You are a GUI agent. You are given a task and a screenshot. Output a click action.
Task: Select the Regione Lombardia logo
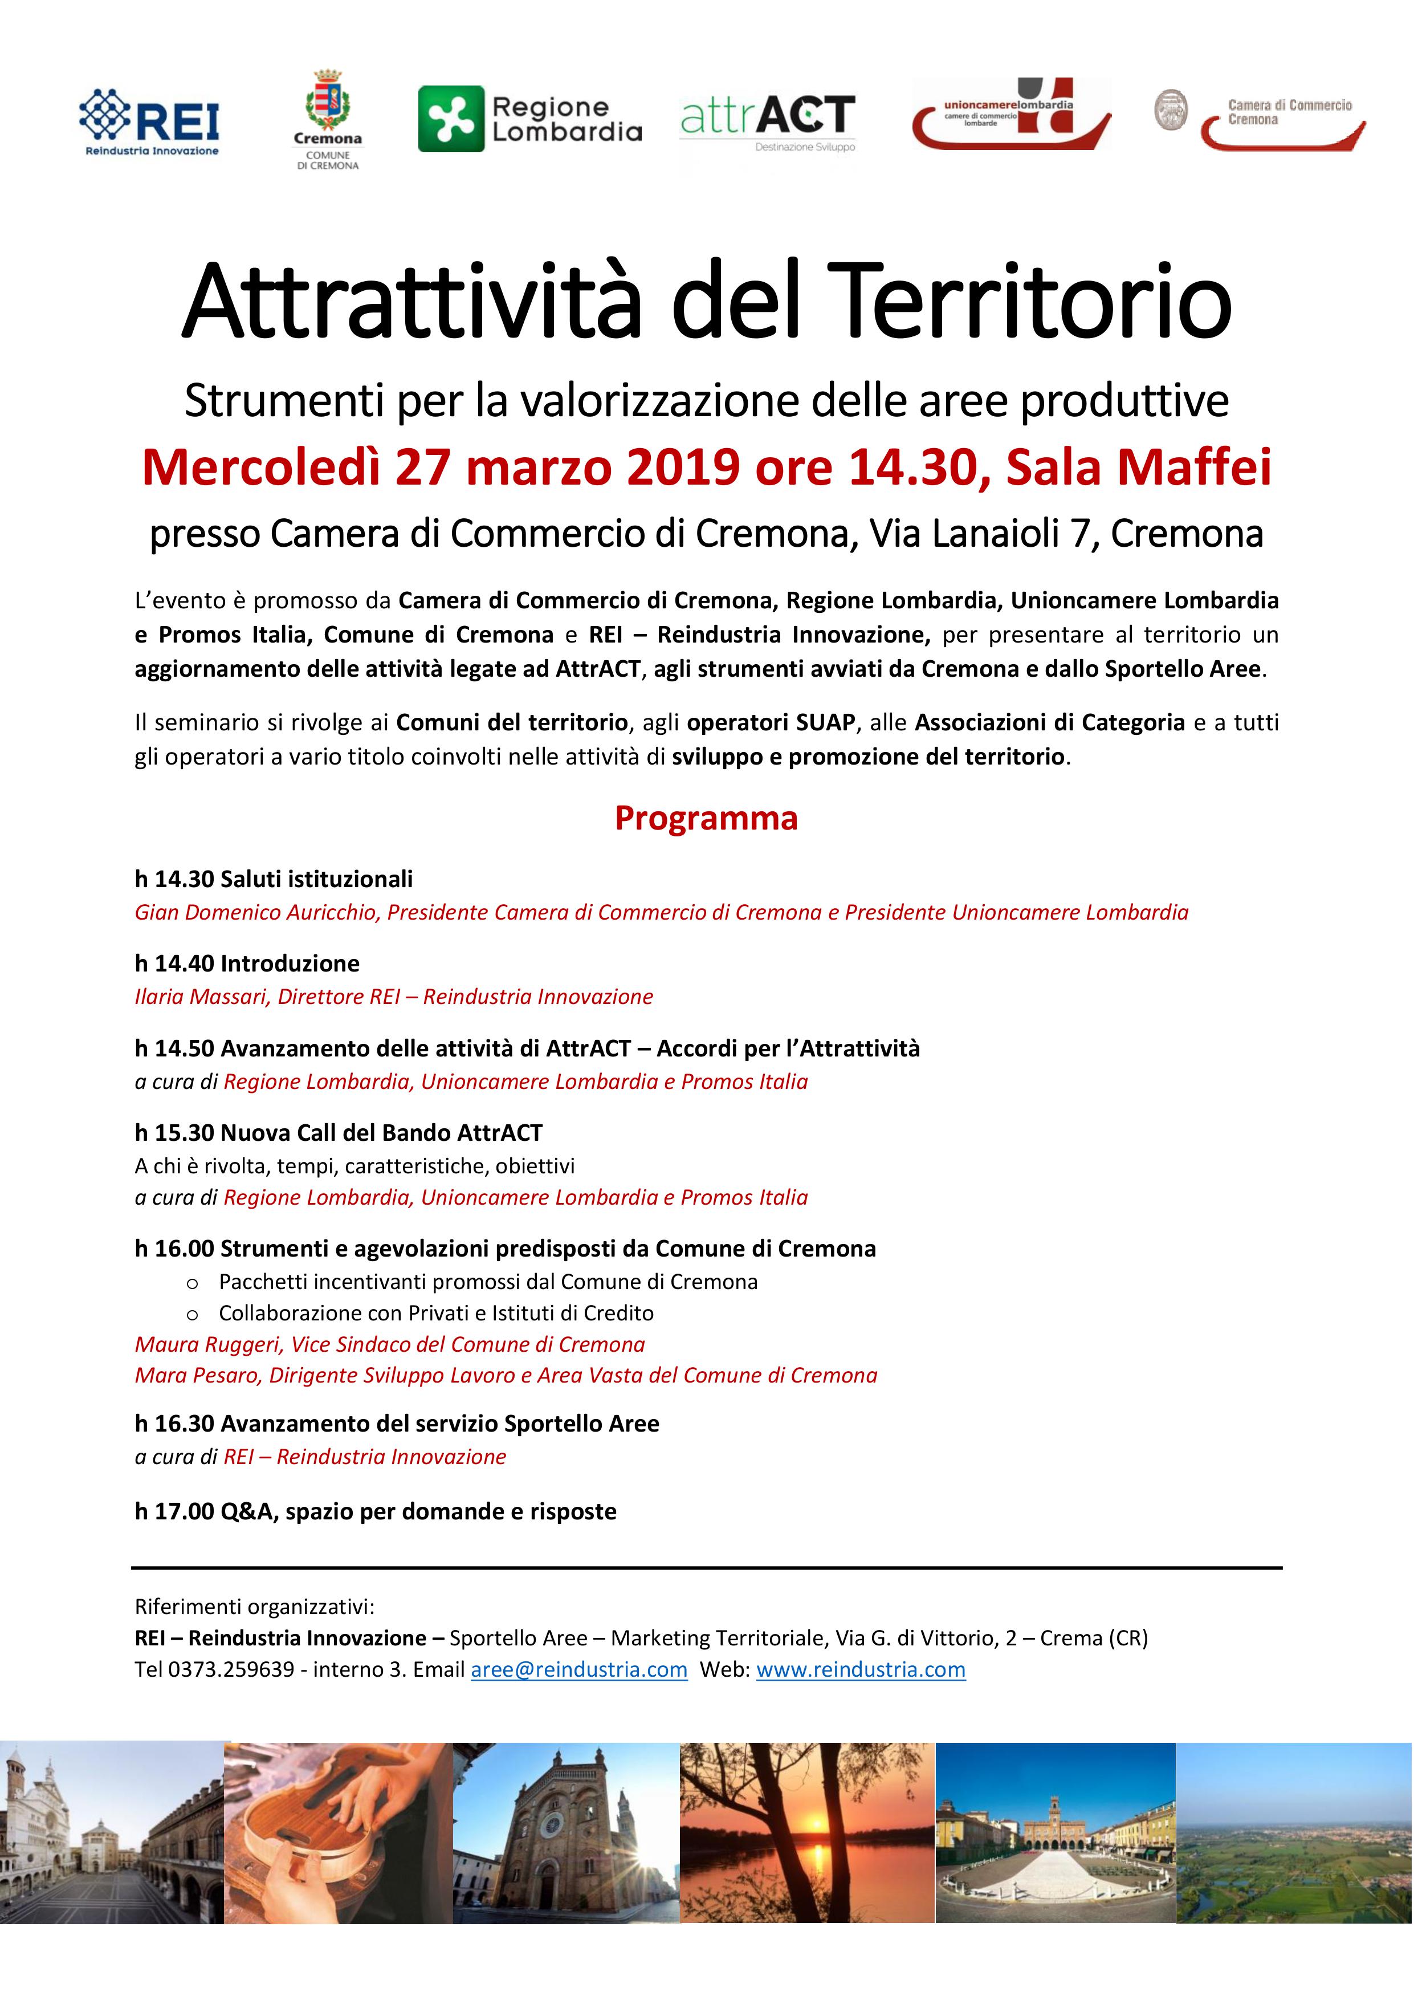click(530, 119)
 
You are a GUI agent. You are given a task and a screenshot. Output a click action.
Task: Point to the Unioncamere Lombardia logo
click(1012, 113)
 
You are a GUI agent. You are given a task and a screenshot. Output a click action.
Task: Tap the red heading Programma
click(706, 818)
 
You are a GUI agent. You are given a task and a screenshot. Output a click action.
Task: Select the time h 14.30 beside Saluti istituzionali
click(174, 879)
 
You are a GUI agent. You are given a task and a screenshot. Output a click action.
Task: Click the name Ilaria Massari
click(200, 997)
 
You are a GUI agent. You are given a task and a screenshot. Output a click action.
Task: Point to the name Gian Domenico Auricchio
click(258, 912)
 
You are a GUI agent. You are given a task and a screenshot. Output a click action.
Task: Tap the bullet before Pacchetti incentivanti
click(193, 1282)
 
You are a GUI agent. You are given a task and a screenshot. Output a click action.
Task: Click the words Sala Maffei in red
click(1139, 467)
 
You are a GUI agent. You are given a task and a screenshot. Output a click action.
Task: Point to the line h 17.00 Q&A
click(375, 1511)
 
